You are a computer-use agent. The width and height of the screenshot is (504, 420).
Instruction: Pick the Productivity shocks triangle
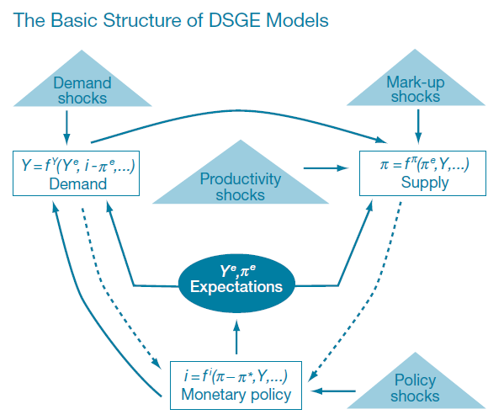click(232, 185)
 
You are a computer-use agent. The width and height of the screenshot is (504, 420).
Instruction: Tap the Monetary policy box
click(236, 385)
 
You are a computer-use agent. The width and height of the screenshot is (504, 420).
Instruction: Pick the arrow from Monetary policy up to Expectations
click(236, 335)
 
